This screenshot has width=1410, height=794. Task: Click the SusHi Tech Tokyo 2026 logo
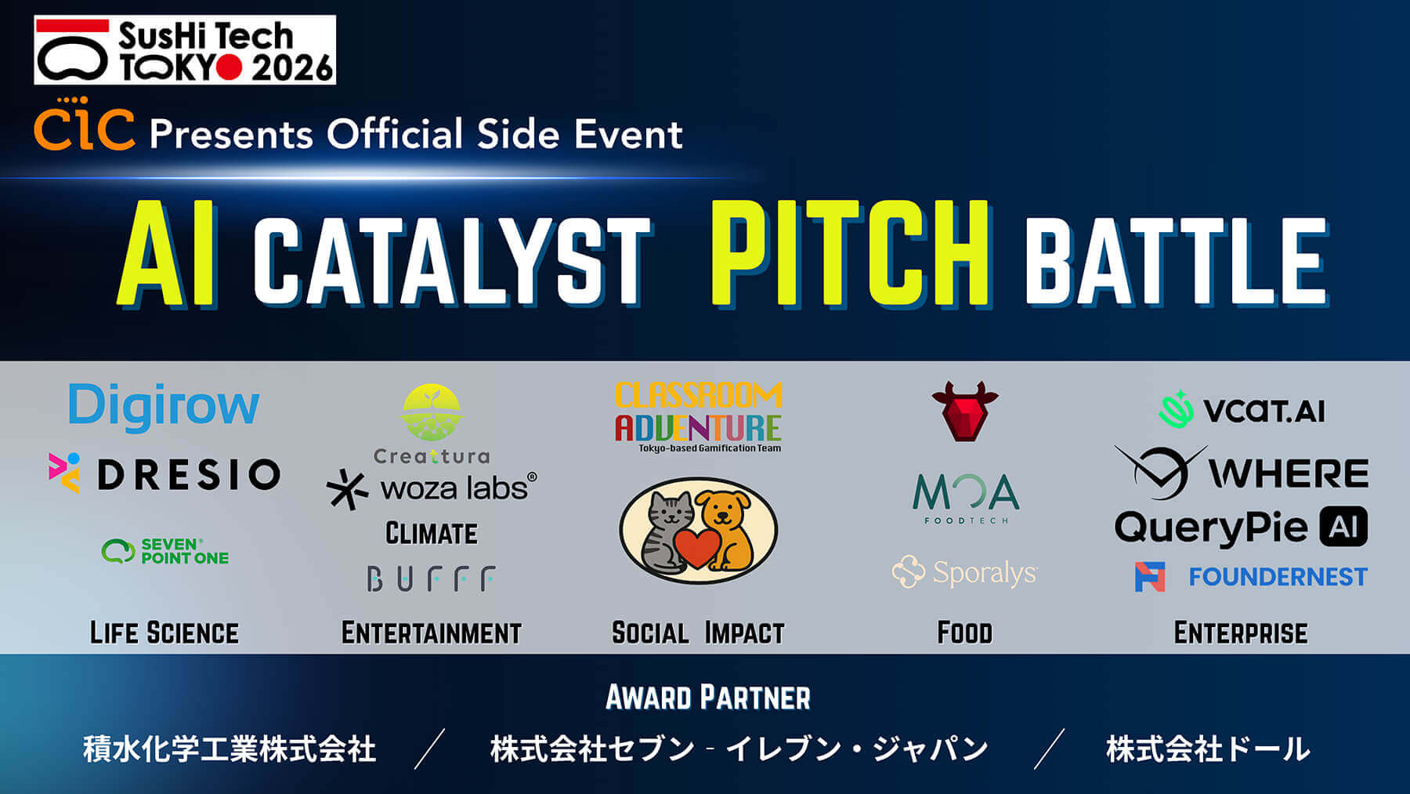[185, 50]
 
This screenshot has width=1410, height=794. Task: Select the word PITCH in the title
[849, 253]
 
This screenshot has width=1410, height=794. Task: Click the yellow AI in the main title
[167, 253]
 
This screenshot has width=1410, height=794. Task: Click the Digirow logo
[164, 407]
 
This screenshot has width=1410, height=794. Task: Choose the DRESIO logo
[164, 473]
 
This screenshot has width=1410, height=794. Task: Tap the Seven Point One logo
[165, 551]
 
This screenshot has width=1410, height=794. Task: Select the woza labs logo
[432, 489]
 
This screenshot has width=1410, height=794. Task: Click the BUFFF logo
[431, 579]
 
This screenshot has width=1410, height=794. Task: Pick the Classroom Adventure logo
[698, 416]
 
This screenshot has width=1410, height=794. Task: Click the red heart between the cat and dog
[696, 546]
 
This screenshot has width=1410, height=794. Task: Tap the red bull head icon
[965, 411]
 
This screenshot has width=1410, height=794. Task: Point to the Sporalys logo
[965, 572]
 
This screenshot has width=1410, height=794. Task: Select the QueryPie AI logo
[1240, 528]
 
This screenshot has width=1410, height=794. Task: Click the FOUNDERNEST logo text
[1278, 578]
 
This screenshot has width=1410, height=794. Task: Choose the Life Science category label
[164, 633]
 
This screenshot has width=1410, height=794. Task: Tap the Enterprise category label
[1241, 633]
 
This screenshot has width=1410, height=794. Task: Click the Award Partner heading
[707, 698]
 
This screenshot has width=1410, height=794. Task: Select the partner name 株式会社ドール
[1207, 749]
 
